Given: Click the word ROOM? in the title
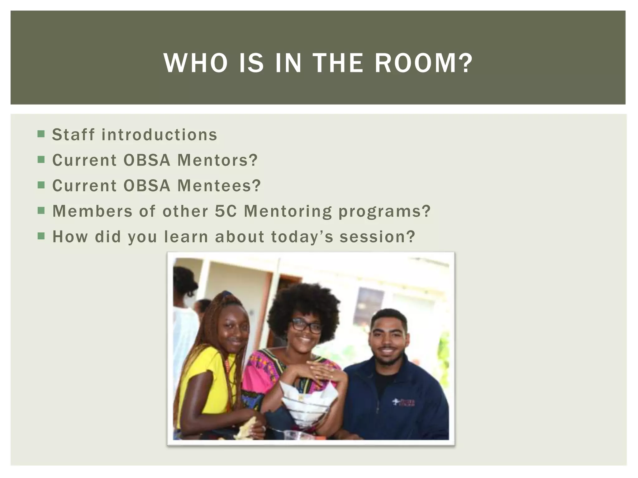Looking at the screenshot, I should tap(424, 63).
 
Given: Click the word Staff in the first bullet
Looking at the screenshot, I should tap(73, 135).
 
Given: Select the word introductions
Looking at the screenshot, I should tap(159, 135).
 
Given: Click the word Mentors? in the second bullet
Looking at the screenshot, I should tap(217, 160).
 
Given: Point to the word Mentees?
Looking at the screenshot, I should tap(219, 186).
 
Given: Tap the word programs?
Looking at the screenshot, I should tap(384, 212).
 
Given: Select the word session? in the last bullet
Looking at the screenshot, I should tap(378, 237).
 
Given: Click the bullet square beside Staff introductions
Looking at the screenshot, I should tap(41, 134).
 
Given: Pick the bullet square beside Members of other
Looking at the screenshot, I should tap(41, 211).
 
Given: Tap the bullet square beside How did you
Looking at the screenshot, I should tap(41, 236).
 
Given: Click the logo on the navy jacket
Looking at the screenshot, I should tap(404, 402).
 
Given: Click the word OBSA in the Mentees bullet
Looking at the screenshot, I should tap(147, 186).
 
